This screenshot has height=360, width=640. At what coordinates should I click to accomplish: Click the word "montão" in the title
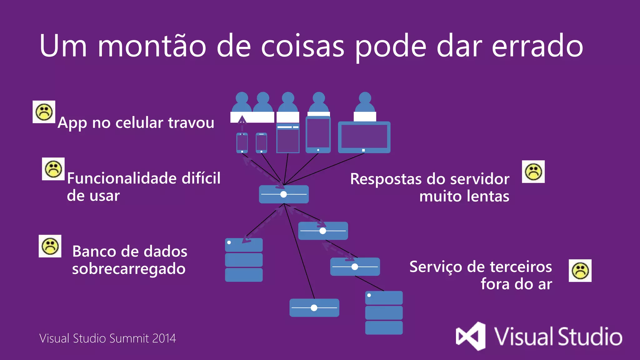tap(152, 46)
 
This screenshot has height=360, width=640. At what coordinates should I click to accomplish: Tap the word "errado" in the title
tap(537, 46)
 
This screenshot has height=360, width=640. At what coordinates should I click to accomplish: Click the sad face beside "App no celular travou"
tap(44, 112)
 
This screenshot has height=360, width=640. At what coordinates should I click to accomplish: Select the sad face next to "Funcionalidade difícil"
tap(53, 169)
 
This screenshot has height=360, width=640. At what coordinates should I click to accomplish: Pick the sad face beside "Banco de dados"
tap(50, 246)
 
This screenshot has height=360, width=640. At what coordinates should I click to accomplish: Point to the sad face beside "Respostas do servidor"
tap(533, 172)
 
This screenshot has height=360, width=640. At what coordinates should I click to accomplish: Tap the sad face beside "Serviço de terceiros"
tap(580, 271)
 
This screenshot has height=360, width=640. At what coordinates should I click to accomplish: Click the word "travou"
tap(191, 122)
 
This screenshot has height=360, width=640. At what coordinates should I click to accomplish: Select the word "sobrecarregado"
tap(129, 269)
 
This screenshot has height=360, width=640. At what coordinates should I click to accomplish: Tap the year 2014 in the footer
tap(164, 338)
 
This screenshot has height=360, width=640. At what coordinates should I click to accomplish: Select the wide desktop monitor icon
tap(364, 137)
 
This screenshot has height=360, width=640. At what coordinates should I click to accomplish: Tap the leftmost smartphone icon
tap(242, 143)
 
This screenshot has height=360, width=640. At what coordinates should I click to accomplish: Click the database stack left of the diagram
tap(244, 260)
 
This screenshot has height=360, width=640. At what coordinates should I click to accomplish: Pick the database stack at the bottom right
tap(384, 312)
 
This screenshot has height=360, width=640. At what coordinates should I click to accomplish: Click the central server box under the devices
tap(284, 194)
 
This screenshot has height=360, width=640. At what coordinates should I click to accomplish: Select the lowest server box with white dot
tap(314, 308)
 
